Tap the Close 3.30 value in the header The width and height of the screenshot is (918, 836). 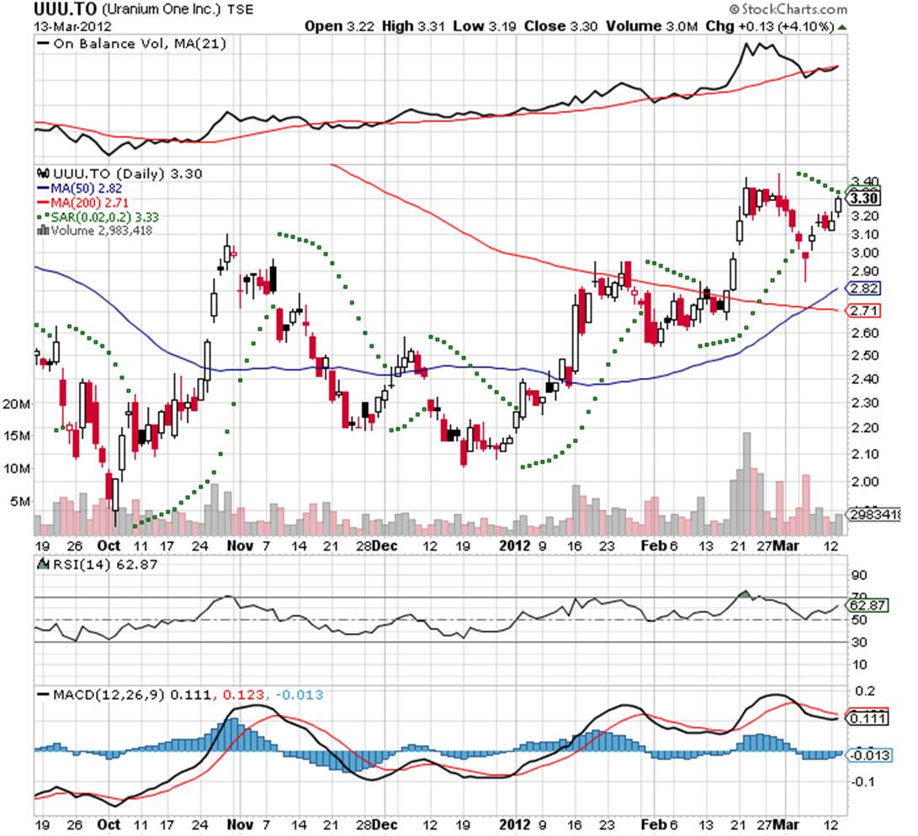coord(560,26)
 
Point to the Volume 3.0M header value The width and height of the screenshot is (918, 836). coord(646,26)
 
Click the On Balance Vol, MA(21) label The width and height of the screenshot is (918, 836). coord(126,43)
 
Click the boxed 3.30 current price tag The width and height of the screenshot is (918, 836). coord(864,199)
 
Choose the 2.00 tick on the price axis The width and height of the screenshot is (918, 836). coord(864,482)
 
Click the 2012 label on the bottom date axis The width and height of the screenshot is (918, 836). coord(513,546)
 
